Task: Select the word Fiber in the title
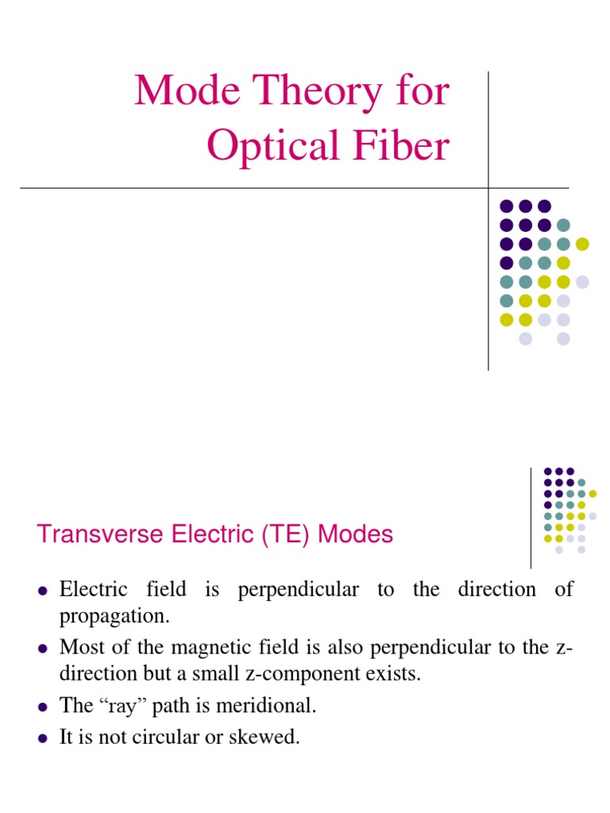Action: [403, 147]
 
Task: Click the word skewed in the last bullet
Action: [267, 737]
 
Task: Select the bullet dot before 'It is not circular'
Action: [43, 738]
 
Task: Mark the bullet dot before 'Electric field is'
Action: [43, 590]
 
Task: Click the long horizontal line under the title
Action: [238, 188]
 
